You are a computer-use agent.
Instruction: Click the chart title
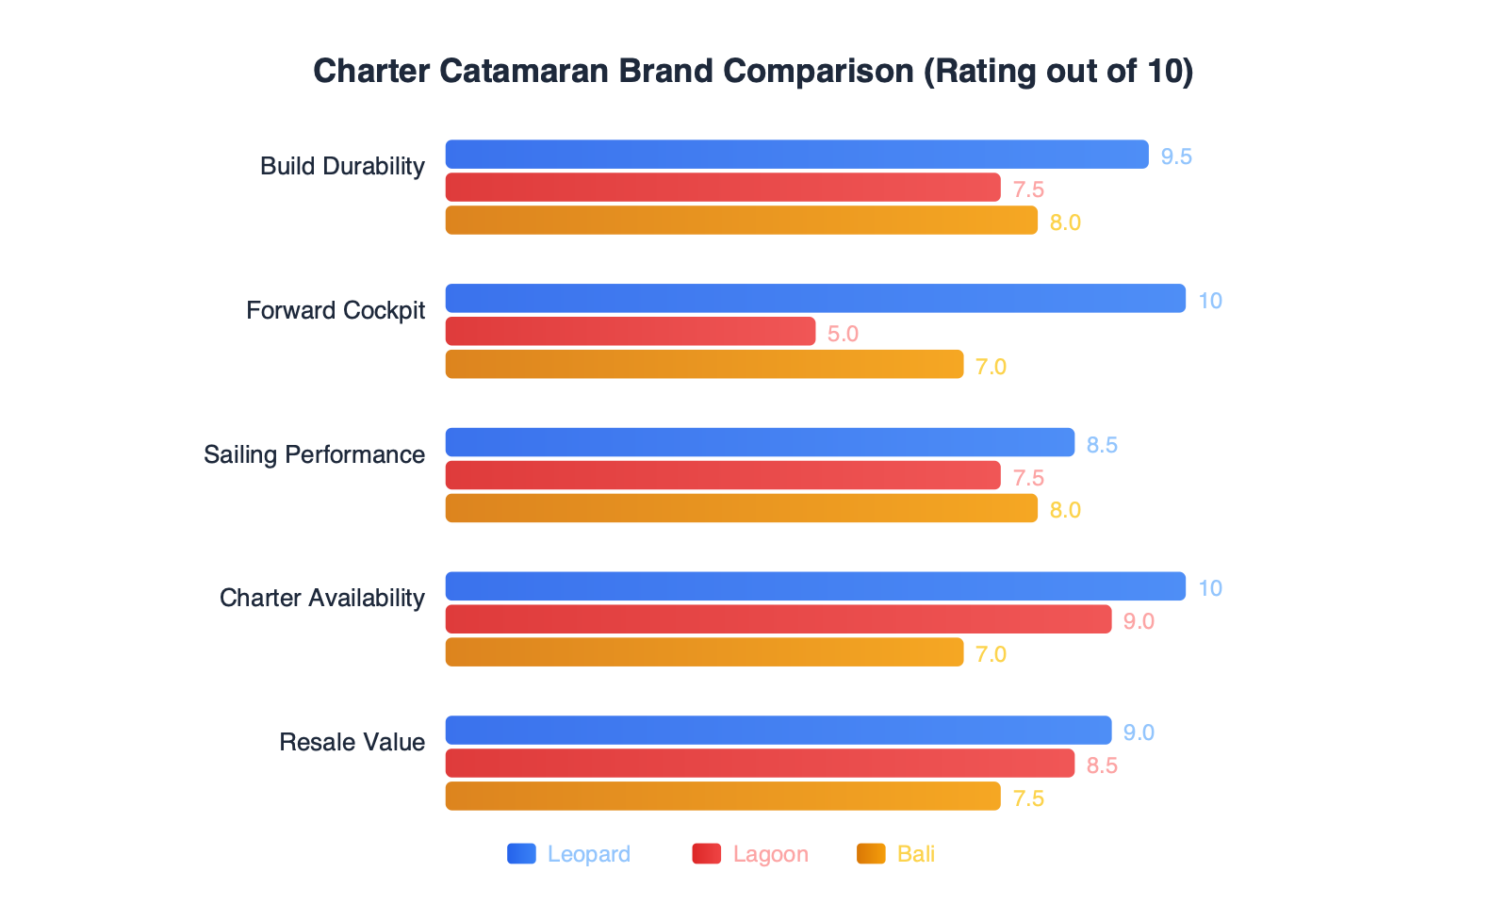753,72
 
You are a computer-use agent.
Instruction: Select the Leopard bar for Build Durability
796,155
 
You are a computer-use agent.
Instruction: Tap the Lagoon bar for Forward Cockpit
630,332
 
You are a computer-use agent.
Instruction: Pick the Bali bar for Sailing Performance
741,509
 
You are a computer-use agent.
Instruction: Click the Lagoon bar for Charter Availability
778,619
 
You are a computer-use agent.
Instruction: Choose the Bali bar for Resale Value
722,797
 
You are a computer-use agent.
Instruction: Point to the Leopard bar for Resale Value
778,731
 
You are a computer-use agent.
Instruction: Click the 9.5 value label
1176,156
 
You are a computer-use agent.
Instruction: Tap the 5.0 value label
843,334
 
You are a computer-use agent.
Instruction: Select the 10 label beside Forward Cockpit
1209,301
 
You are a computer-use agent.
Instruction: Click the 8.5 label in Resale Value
1102,765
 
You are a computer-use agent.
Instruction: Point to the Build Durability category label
342,166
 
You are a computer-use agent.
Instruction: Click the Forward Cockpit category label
336,310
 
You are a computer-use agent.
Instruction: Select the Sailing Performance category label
314,454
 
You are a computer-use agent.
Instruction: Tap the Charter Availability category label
321,598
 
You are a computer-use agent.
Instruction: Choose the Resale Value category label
352,742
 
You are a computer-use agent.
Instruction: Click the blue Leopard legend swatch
521,854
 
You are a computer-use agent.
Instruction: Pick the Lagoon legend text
770,854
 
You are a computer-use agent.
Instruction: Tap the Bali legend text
915,854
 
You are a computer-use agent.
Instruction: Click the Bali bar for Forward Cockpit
704,365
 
